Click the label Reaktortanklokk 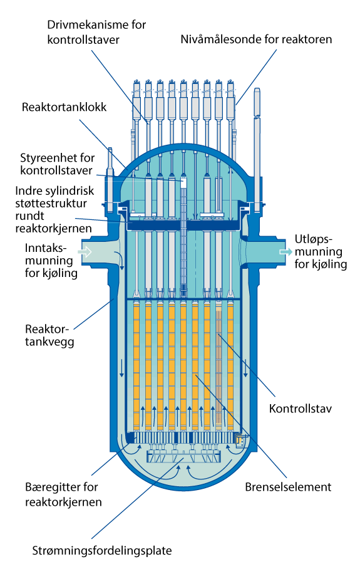[64, 107]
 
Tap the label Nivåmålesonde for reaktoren [256, 39]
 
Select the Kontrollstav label [301, 409]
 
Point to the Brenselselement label [288, 487]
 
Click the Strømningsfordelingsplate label [102, 551]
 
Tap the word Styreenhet [45, 158]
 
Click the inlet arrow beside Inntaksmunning [85, 252]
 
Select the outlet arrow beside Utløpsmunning [286, 252]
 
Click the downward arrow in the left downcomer [121, 369]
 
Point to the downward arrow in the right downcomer [245, 369]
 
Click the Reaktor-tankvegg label [49, 335]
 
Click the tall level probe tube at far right [257, 150]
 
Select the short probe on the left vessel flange [110, 179]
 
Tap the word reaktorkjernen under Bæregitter [63, 502]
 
